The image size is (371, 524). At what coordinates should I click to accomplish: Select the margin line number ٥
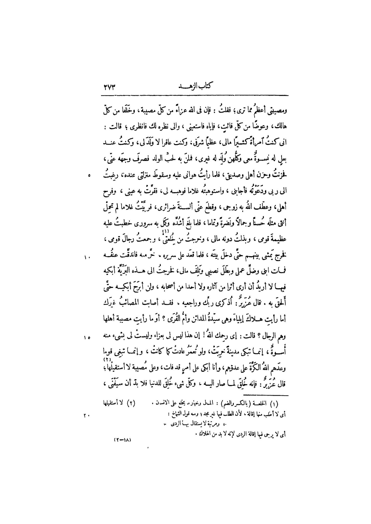point(89,176)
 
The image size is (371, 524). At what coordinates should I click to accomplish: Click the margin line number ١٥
point(87,337)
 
